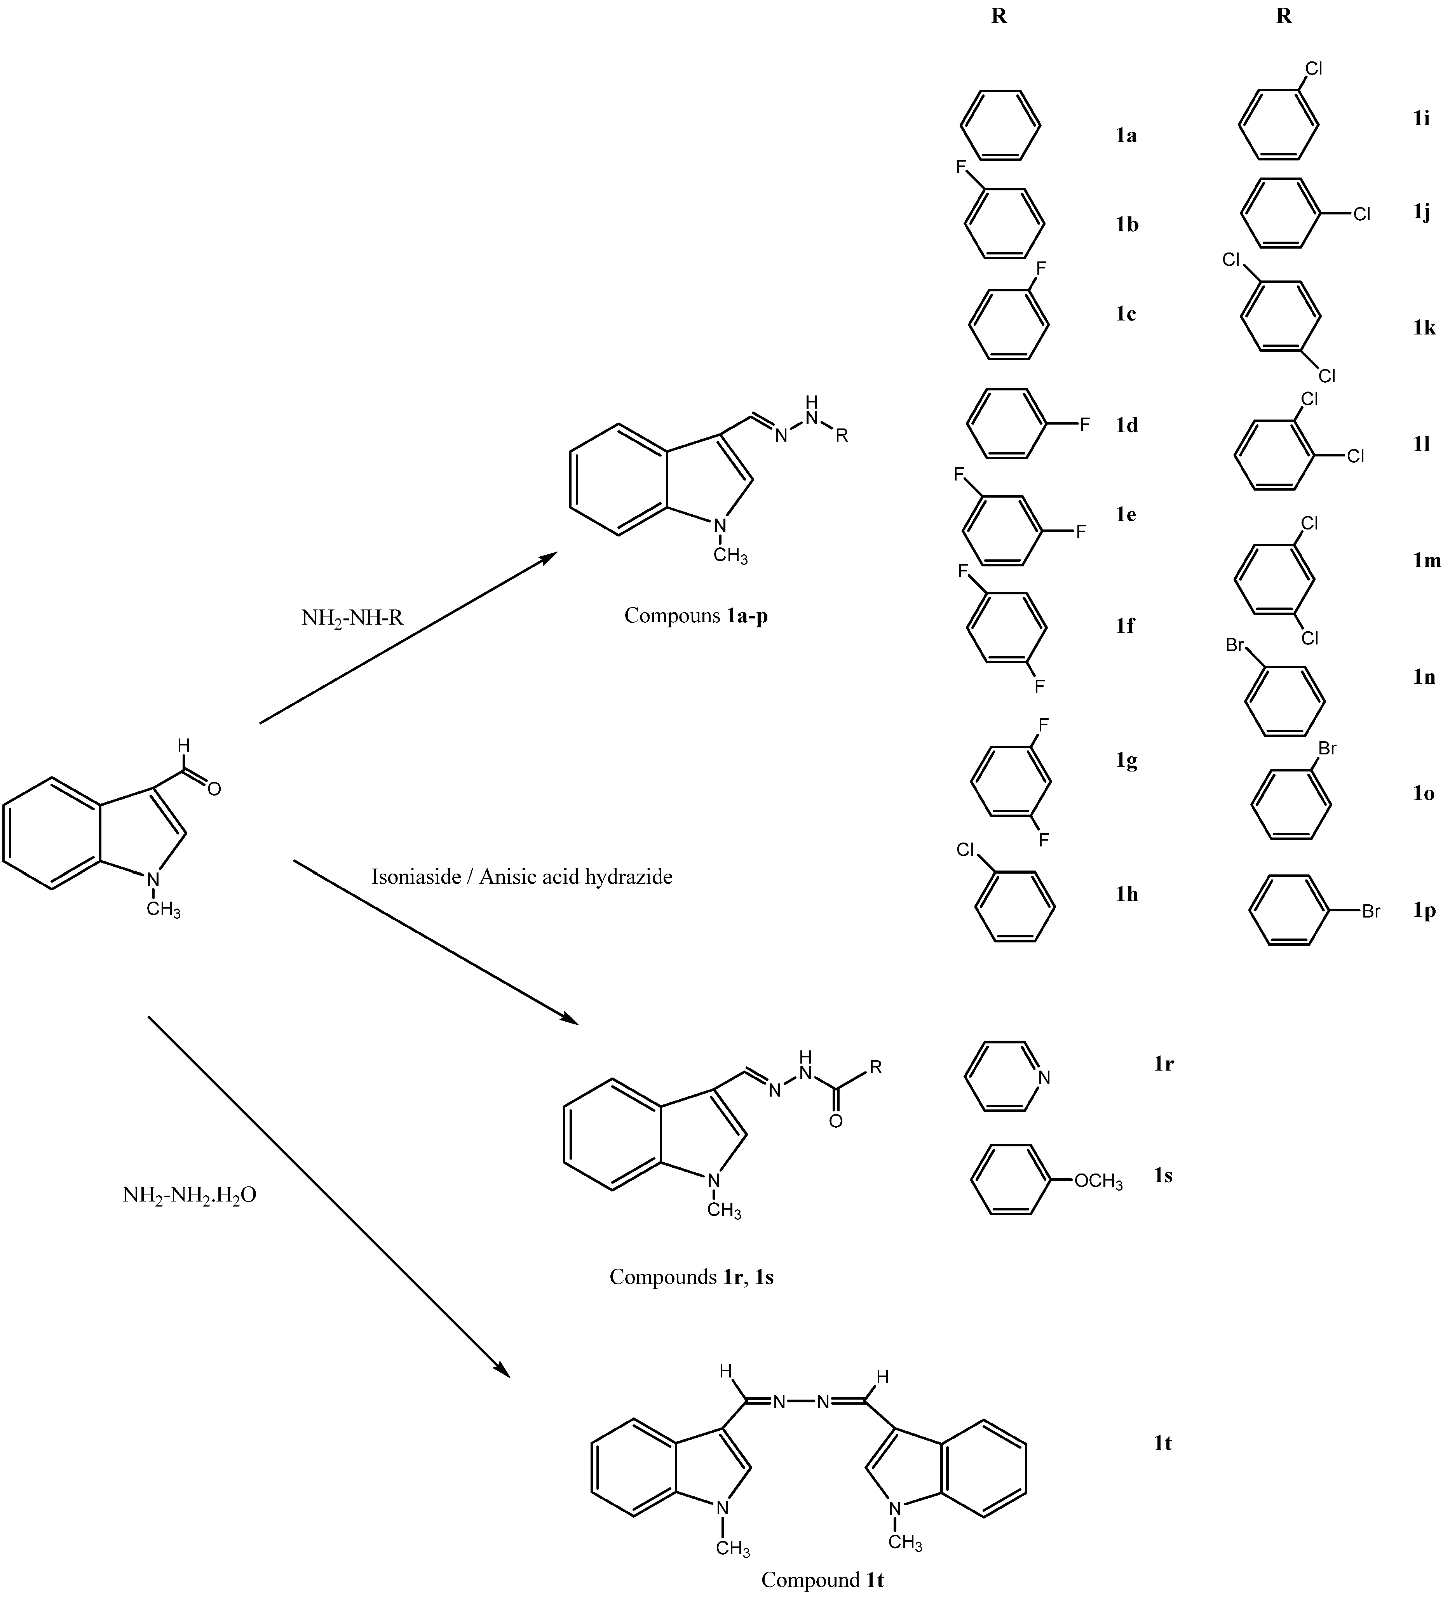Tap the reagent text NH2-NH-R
point(352,617)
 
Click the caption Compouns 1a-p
point(695,616)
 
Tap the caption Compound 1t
point(822,1580)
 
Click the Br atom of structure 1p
point(1371,911)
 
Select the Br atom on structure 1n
point(1235,645)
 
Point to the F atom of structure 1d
point(1084,425)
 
